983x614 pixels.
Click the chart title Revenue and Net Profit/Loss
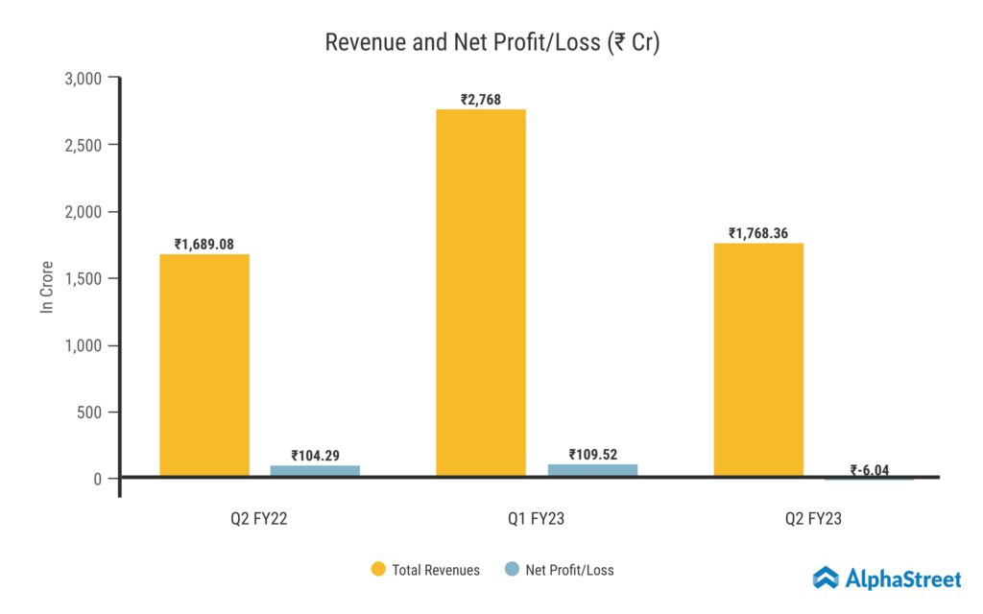[x=491, y=43]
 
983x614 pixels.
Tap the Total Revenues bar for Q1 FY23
[x=481, y=293]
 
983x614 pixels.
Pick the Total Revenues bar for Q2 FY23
[x=758, y=360]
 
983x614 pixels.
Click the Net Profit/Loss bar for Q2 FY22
[x=315, y=471]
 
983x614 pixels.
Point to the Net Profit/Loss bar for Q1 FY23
[x=591, y=470]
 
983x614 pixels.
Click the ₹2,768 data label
[x=481, y=99]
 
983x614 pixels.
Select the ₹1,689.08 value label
[x=204, y=245]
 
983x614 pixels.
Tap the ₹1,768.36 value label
[x=758, y=233]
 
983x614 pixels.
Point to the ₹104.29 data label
[x=315, y=456]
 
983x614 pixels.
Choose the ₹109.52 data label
[x=591, y=455]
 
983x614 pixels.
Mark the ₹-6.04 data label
[x=869, y=470]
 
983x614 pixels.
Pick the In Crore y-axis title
[x=46, y=287]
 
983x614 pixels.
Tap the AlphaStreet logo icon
[x=826, y=578]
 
